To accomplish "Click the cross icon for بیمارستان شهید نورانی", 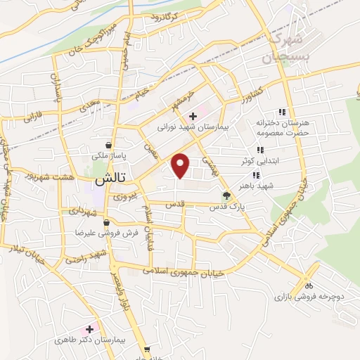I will (193, 115).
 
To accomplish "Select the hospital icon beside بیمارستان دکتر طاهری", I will (89, 329).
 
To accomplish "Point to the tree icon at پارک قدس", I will (226, 196).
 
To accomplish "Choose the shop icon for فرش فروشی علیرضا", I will (106, 222).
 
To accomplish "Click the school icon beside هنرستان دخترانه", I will (282, 112).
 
